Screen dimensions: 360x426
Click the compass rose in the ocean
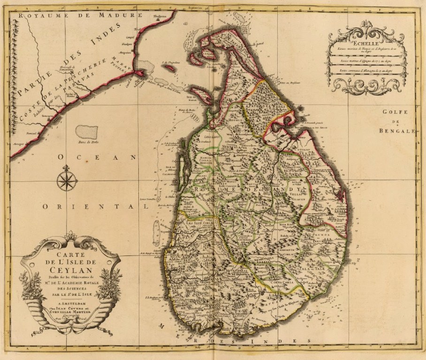pyautogui.click(x=66, y=180)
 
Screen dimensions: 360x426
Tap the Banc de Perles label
pyautogui.click(x=85, y=141)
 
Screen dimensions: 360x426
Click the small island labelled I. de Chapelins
pyautogui.click(x=171, y=67)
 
